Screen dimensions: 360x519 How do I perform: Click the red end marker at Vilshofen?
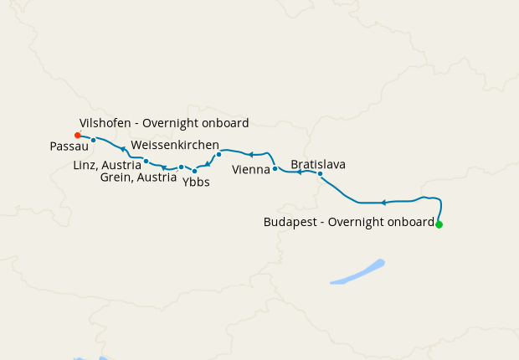tap(77, 135)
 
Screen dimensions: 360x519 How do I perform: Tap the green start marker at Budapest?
tap(439, 224)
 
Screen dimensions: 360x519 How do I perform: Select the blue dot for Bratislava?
tap(320, 174)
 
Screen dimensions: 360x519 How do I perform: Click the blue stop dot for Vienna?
tap(275, 169)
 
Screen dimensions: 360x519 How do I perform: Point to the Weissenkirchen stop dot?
tap(218, 154)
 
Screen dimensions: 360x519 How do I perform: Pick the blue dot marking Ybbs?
tap(194, 171)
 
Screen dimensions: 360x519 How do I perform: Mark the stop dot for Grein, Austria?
tap(181, 167)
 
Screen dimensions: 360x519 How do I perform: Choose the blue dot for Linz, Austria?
tap(146, 161)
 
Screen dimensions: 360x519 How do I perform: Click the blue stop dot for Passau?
tap(94, 140)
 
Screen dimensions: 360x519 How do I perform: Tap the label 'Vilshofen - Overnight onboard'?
tap(164, 123)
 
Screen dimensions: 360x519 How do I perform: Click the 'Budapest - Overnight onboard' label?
tap(349, 223)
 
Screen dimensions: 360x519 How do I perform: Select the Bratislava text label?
tap(318, 164)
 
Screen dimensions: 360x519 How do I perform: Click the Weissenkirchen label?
tap(175, 145)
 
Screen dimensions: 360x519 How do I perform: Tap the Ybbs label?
tap(196, 182)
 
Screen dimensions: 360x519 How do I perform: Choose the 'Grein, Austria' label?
tap(138, 177)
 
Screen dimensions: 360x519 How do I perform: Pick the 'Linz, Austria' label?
tap(107, 164)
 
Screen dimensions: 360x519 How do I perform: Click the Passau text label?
tap(64, 146)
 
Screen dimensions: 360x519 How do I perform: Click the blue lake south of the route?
tap(358, 273)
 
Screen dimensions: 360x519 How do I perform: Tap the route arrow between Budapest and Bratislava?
tap(383, 203)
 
